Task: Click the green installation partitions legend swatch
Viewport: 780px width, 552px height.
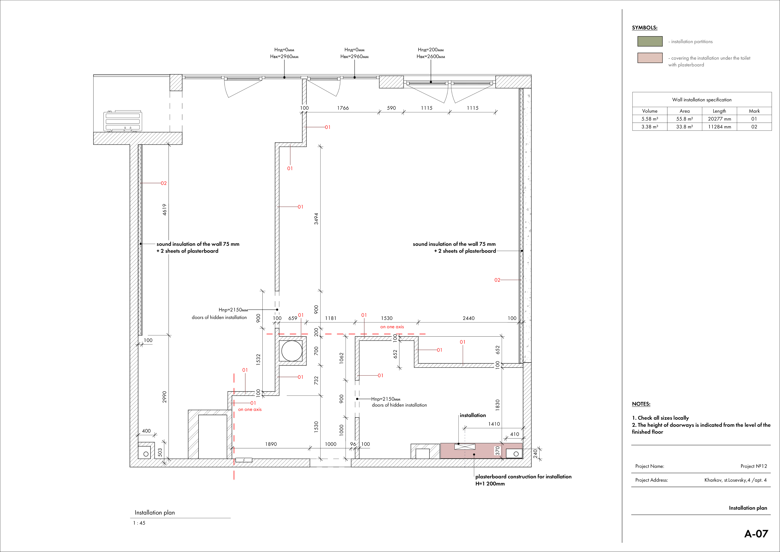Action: coord(650,41)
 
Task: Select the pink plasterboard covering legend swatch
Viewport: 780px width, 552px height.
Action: coord(650,58)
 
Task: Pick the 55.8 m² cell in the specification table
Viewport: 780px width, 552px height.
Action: coord(685,119)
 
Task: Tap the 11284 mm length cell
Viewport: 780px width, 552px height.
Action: coord(719,127)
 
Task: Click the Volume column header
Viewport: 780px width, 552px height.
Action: coord(650,111)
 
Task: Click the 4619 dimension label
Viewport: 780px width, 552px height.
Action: coord(164,209)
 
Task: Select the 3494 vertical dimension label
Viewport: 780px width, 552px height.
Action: coord(316,219)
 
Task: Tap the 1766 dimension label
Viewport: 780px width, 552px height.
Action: coord(343,108)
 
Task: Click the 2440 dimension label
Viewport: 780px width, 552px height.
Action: coord(468,318)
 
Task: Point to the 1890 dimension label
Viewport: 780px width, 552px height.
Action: coord(271,444)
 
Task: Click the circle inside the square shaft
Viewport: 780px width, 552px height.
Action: coord(292,351)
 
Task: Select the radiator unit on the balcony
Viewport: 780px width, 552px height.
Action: coord(123,121)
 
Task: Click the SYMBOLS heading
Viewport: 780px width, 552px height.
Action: coord(644,28)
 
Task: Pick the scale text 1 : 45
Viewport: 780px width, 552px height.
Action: coord(139,523)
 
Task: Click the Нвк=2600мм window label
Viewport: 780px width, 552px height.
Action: coord(431,56)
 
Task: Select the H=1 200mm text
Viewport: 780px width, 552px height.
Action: coord(490,484)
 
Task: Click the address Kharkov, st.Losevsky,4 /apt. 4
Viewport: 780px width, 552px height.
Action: coord(735,480)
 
